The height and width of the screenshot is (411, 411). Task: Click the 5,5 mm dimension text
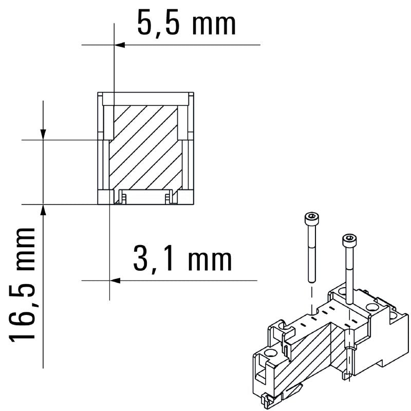click(186, 23)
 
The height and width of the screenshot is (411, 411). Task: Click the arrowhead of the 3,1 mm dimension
click(115, 281)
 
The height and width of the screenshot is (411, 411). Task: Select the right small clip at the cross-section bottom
click(169, 197)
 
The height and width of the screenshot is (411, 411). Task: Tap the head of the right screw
click(349, 239)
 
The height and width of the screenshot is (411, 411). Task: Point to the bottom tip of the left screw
click(311, 280)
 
